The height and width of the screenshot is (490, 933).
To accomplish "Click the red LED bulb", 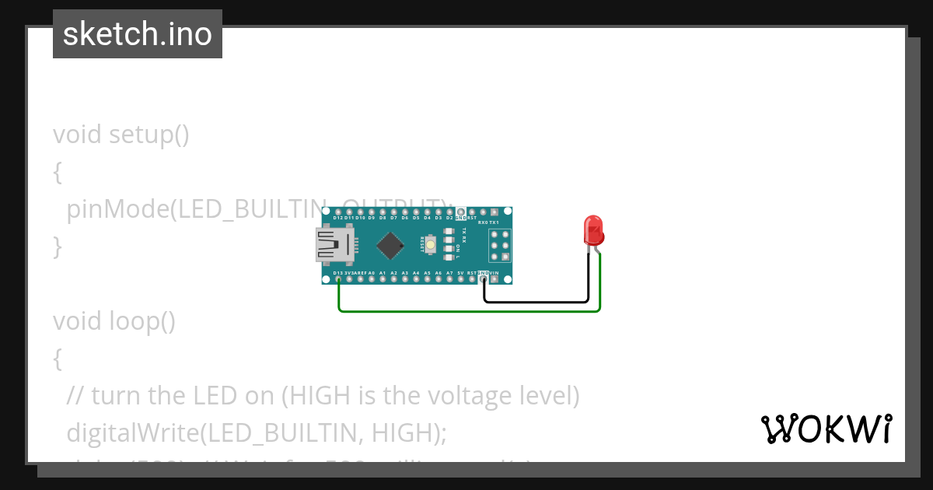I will tap(594, 230).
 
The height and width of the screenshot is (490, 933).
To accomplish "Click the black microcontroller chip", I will tap(389, 246).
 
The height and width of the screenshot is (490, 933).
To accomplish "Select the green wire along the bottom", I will tap(466, 311).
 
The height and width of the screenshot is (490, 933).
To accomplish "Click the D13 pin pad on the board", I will tap(338, 279).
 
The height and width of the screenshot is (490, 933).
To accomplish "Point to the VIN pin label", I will tap(494, 273).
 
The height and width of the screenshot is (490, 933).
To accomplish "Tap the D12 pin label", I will tap(338, 218).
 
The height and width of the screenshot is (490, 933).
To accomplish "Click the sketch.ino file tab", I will tap(138, 34).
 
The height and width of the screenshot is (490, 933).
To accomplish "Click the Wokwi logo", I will tap(826, 429).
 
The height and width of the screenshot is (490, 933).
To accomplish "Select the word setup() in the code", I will tap(149, 135).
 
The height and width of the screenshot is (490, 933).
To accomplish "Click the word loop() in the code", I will tap(142, 321).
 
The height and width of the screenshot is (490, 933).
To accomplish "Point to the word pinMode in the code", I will tap(117, 209).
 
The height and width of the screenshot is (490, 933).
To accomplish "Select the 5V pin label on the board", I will tap(461, 273).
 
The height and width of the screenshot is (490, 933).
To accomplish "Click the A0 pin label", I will tap(372, 273).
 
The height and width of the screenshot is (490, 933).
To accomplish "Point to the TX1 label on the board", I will tap(494, 222).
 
